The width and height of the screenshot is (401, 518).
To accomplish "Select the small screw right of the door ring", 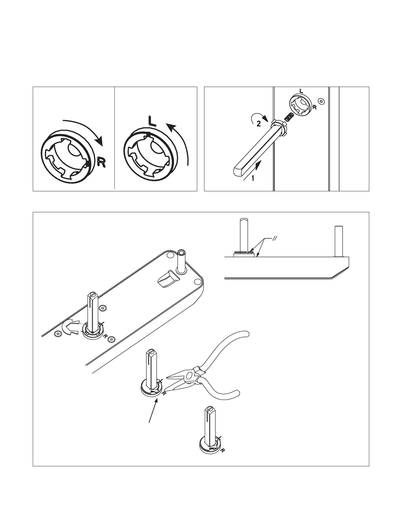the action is click(321, 101).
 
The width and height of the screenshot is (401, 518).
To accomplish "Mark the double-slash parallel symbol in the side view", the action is click(275, 239).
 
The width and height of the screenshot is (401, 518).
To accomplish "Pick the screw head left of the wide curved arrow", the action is click(58, 333).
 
